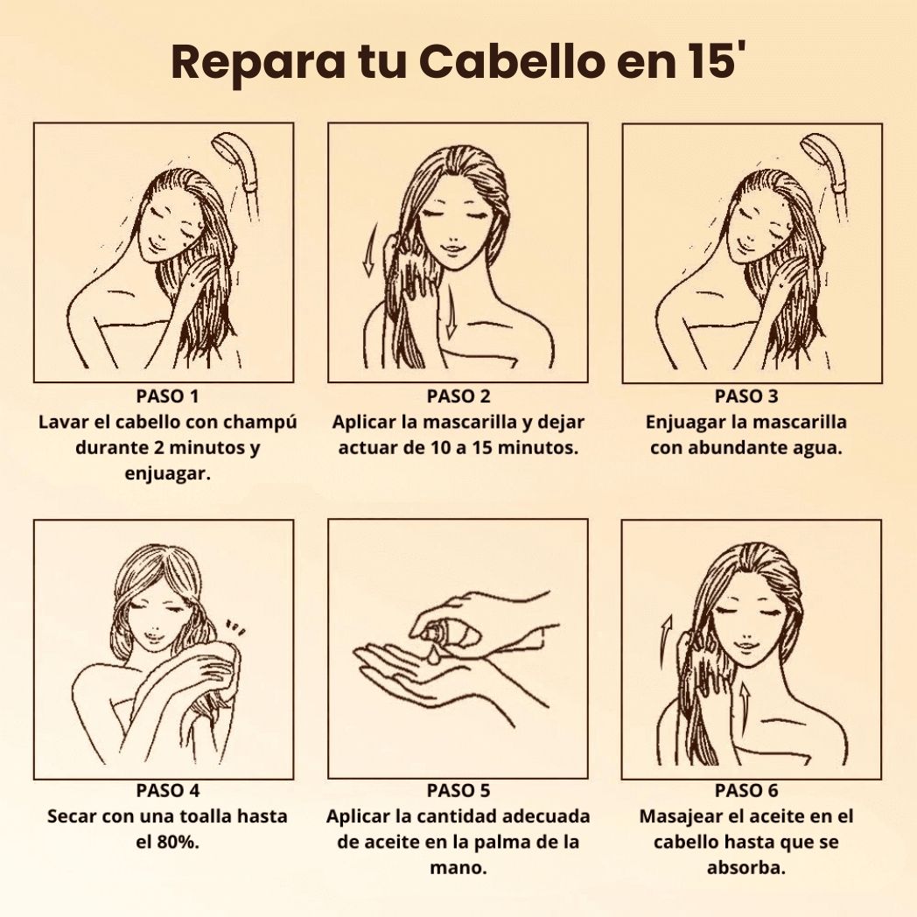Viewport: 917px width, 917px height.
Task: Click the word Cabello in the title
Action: click(512, 63)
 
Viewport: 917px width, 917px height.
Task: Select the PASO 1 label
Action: click(167, 396)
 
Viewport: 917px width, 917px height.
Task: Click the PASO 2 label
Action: click(458, 396)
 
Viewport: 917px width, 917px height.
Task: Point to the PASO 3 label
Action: click(747, 396)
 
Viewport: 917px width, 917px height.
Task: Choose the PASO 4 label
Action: click(168, 791)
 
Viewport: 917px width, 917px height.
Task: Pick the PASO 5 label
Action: click(458, 791)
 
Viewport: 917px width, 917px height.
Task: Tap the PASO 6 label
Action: click(747, 791)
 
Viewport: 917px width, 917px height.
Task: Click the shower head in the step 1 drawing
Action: click(239, 157)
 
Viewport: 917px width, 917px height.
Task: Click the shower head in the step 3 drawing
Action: click(826, 157)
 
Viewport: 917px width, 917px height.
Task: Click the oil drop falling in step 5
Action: click(433, 655)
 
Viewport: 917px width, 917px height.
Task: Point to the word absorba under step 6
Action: click(746, 868)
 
